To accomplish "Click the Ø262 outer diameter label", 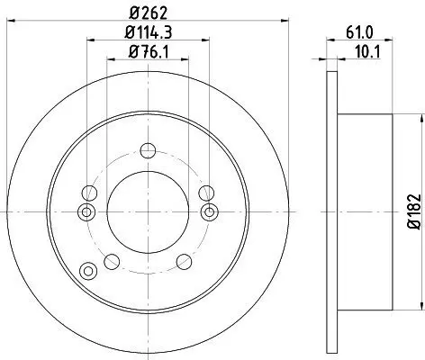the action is click(x=149, y=13).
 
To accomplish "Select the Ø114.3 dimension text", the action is click(x=149, y=32).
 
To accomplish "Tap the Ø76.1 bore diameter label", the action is click(x=149, y=52).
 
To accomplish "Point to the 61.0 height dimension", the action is click(x=359, y=32).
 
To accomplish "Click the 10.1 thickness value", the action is click(x=367, y=52).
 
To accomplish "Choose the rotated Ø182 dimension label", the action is click(x=414, y=211).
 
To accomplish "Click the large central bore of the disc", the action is click(x=148, y=212).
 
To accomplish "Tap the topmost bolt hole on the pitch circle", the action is click(x=148, y=150).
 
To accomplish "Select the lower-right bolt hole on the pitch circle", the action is click(x=184, y=262).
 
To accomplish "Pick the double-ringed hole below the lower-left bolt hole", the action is click(x=88, y=271).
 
